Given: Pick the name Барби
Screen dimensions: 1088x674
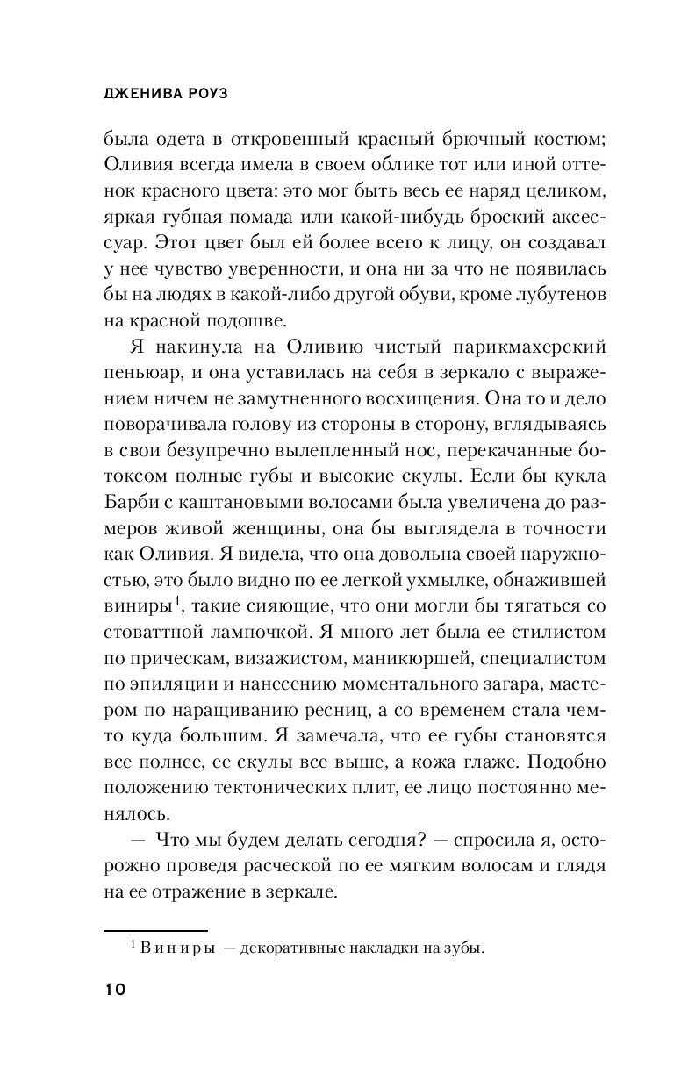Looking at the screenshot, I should click(132, 505).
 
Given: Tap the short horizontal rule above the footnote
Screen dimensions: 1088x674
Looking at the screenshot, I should click(156, 929).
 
